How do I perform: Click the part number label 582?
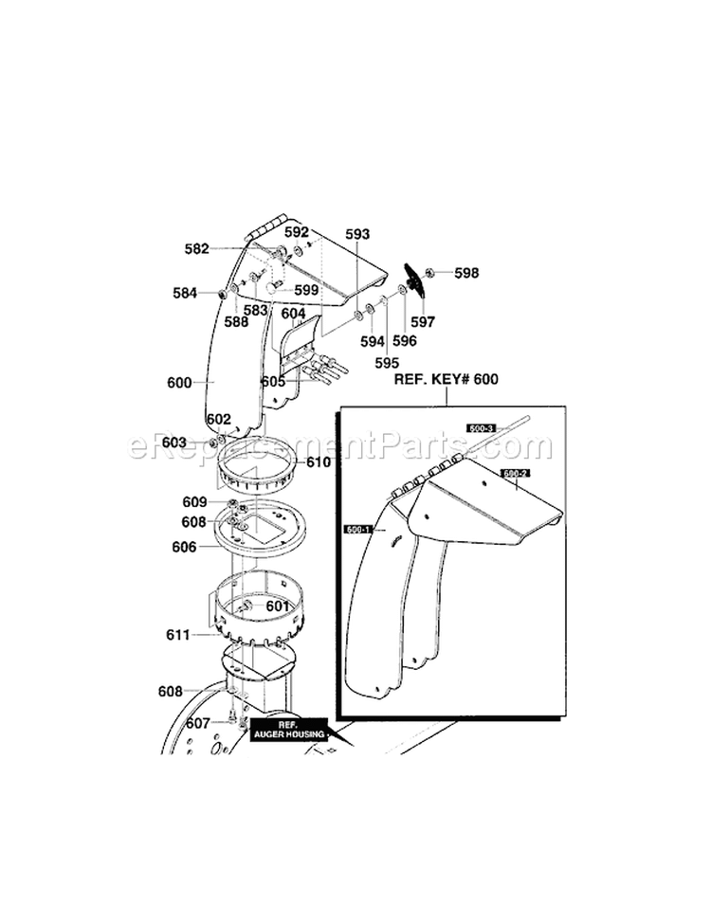coord(196,249)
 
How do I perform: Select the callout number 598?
coord(466,273)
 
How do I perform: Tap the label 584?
coord(184,293)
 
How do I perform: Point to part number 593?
coord(357,233)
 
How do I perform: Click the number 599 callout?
coord(305,290)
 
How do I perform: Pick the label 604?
coord(293,313)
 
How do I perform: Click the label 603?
coord(173,443)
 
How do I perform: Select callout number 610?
coord(319,462)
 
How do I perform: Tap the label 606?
coord(183,547)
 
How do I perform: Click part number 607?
coord(197,723)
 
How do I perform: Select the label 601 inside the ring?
coord(277,606)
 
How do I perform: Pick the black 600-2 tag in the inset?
coord(515,472)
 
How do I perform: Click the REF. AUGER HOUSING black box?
coord(288,729)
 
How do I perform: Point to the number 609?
coord(194,501)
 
